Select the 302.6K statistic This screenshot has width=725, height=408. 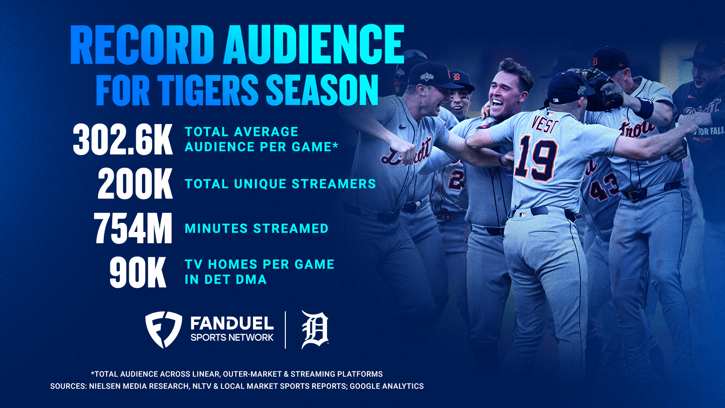pyautogui.click(x=123, y=140)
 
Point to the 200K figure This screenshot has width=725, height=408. pyautogui.click(x=135, y=184)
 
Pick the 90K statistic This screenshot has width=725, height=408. pyautogui.click(x=138, y=272)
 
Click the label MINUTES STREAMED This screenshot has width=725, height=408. pyautogui.click(x=256, y=229)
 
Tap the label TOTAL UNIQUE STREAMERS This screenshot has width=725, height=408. pyautogui.click(x=280, y=184)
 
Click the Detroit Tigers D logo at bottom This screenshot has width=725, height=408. pyautogui.click(x=315, y=329)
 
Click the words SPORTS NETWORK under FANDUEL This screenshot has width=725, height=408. pyautogui.click(x=232, y=338)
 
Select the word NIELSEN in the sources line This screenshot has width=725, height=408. pyautogui.click(x=109, y=386)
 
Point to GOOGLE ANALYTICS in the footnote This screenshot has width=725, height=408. pyautogui.click(x=387, y=386)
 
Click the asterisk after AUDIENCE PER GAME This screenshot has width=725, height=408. pyautogui.click(x=335, y=145)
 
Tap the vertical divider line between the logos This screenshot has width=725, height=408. pyautogui.click(x=285, y=329)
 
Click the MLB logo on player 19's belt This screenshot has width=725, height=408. pyautogui.click(x=522, y=215)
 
